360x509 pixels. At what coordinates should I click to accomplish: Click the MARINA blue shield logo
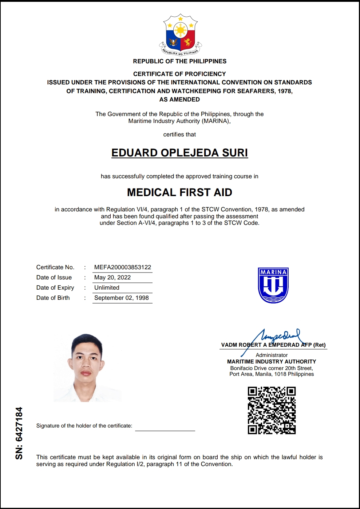click(x=273, y=286)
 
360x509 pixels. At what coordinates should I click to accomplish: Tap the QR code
click(x=272, y=410)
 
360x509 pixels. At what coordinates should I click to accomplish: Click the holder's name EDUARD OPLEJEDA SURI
click(x=179, y=153)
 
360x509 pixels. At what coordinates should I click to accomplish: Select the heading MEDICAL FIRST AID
click(x=179, y=192)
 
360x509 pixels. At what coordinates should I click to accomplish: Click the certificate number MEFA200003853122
click(x=123, y=267)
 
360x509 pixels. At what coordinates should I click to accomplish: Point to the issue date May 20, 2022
click(x=112, y=278)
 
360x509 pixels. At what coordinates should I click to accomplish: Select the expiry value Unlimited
click(x=107, y=288)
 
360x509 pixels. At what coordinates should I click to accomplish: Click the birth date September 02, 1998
click(x=122, y=298)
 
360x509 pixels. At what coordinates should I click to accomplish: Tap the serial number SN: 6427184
click(x=19, y=433)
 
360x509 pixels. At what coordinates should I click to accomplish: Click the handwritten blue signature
click(x=277, y=337)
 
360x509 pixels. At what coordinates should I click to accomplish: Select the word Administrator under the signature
click(x=272, y=355)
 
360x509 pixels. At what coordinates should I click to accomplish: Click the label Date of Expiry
click(x=55, y=288)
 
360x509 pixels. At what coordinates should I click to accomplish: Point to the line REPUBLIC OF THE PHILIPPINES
click(x=179, y=61)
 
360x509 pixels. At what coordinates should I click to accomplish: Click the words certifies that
click(x=179, y=135)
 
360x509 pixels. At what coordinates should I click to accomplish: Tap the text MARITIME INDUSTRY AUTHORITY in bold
click(x=272, y=362)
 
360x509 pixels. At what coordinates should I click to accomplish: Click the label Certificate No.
click(x=55, y=267)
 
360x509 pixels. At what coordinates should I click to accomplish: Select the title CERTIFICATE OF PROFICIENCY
click(x=179, y=74)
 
